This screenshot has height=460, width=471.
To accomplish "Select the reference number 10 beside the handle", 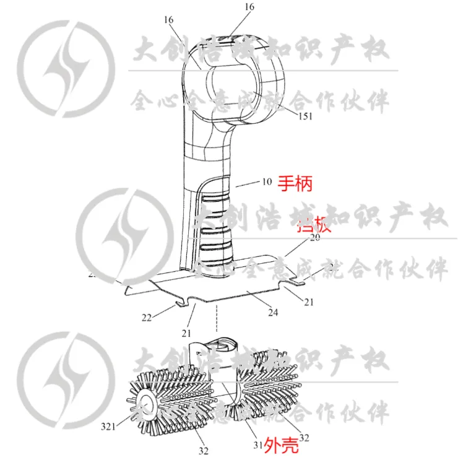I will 267,182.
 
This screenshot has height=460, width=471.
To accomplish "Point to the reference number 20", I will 315,238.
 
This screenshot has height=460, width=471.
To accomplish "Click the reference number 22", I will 146,318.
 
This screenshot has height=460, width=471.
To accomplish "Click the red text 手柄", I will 295,183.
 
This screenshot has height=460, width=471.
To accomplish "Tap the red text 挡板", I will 314,225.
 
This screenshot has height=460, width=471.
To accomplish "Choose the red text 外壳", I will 282,444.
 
